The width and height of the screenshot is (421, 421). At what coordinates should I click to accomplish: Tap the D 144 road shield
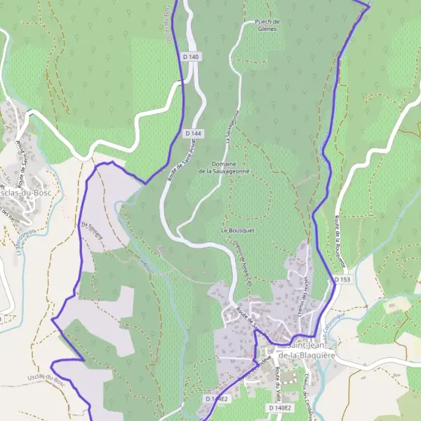(x=194, y=133)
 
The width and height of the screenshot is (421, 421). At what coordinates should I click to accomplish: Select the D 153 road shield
(x=342, y=279)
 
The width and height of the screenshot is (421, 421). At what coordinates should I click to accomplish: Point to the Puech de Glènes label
(x=268, y=25)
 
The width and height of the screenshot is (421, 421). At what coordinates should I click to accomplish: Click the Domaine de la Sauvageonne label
(x=224, y=167)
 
